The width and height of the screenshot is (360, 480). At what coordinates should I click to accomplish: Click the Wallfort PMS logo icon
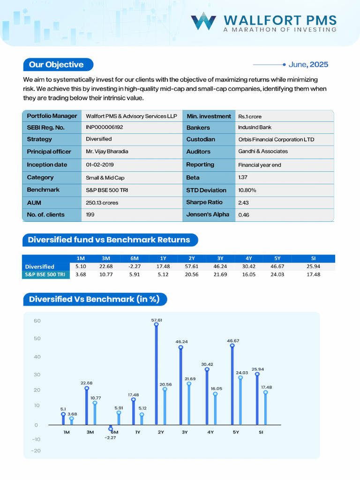203,21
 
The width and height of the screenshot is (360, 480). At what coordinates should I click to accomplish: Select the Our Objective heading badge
57,65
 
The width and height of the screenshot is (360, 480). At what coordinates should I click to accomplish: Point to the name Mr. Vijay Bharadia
108,151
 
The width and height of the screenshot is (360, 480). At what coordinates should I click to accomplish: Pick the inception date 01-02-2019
100,165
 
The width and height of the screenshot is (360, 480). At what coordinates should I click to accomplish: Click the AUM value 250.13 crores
102,202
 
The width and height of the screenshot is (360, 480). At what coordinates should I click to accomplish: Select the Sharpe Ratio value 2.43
243,202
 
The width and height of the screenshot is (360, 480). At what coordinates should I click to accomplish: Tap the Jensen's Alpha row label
208,214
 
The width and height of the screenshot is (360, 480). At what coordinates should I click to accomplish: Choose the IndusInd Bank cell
255,127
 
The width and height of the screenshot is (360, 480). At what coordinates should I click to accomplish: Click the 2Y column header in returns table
191,258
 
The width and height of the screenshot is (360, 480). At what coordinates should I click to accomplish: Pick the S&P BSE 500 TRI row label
45,274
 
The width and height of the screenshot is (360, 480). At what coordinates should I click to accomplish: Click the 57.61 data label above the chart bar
157,320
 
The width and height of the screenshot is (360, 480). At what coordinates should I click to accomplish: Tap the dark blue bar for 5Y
232,385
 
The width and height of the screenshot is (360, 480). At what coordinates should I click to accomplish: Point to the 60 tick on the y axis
37,321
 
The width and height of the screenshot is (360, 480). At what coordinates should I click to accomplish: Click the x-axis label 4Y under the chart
211,432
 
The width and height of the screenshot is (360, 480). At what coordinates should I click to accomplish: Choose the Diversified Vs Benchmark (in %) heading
94,299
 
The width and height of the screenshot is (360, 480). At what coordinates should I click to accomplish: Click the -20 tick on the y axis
36,451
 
